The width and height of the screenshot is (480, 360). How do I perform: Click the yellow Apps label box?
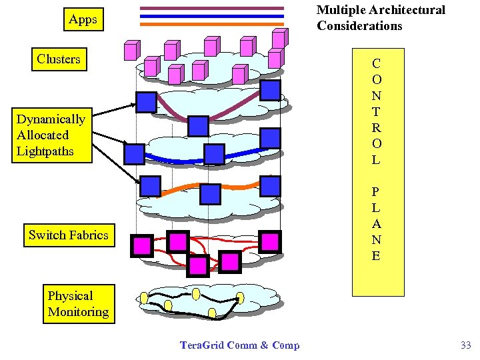tap(83, 20)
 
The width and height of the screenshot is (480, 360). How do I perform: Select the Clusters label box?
tap(59, 59)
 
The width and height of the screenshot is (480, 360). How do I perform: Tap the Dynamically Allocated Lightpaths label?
tap(51, 135)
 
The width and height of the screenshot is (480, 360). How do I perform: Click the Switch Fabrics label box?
tap(68, 235)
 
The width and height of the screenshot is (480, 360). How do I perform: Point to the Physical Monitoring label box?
tap(78, 304)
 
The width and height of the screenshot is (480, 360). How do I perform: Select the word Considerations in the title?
tap(359, 26)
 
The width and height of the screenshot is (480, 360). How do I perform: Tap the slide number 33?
tap(465, 345)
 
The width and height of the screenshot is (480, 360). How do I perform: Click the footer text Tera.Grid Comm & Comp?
tap(240, 345)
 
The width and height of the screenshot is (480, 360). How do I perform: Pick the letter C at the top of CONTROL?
tap(377, 64)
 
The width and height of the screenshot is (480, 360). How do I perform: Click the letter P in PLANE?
tap(377, 191)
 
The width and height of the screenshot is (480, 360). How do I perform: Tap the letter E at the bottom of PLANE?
tap(377, 255)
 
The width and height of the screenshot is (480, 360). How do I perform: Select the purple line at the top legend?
tap(212, 8)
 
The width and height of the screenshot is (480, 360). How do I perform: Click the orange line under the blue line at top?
tap(212, 24)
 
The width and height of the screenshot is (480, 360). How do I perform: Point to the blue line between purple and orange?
tap(212, 16)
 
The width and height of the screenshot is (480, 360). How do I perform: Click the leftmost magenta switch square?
tap(142, 245)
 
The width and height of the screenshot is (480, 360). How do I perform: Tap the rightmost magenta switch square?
tap(269, 241)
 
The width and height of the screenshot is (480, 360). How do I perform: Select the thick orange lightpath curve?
tap(180, 192)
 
